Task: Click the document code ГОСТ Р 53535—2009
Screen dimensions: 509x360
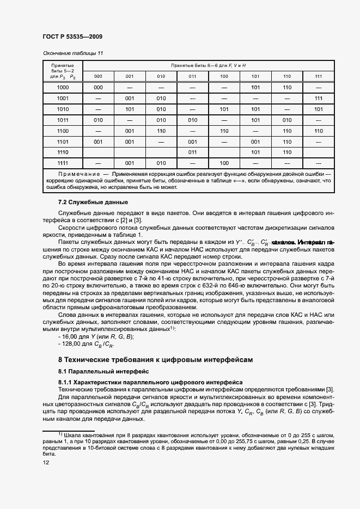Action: pyautogui.click(x=72, y=36)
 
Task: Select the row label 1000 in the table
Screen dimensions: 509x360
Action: pyautogui.click(x=63, y=87)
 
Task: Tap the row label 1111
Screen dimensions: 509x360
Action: pyautogui.click(x=63, y=163)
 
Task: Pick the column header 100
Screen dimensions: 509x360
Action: pyautogui.click(x=224, y=76)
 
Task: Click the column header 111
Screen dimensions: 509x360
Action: pyautogui.click(x=318, y=76)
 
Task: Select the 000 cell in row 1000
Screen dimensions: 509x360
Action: pyautogui.click(x=99, y=87)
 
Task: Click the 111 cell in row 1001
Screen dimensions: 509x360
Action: pyautogui.click(x=318, y=98)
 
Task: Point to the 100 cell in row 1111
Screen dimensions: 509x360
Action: pyautogui.click(x=224, y=163)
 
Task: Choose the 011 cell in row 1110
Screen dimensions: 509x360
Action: pyautogui.click(x=192, y=152)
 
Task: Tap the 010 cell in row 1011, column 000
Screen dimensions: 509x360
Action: pyautogui.click(x=99, y=120)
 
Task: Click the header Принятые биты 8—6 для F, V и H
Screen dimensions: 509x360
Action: pyautogui.click(x=208, y=65)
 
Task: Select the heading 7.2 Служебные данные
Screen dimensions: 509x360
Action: pyautogui.click(x=89, y=202)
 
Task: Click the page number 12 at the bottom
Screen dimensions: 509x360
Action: pyautogui.click(x=46, y=462)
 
